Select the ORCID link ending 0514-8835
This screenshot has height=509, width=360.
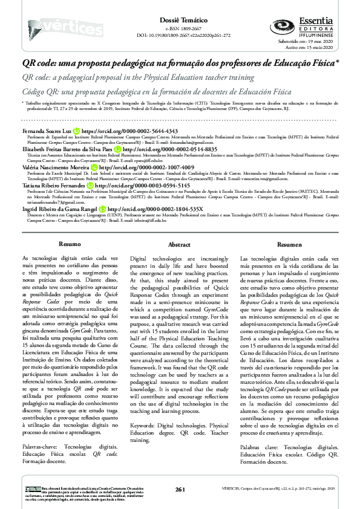coord(162,148)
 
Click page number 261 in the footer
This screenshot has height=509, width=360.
coord(180,488)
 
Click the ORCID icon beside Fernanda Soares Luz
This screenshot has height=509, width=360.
coord(76,130)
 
